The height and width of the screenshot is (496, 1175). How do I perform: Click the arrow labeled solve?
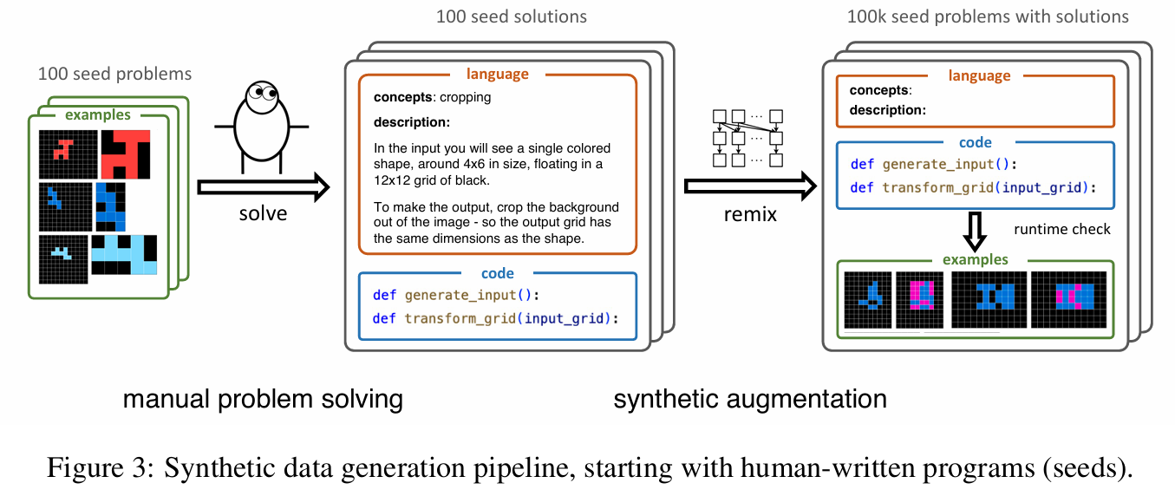click(264, 186)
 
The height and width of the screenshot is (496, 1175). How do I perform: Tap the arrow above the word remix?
click(751, 186)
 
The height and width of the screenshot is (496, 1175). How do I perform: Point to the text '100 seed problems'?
click(114, 74)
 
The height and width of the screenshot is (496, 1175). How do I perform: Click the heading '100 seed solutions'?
click(511, 16)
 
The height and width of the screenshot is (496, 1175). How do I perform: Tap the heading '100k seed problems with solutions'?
click(988, 16)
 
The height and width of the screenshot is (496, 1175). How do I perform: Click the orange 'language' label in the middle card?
click(497, 75)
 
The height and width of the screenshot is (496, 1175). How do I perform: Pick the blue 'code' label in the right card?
click(975, 142)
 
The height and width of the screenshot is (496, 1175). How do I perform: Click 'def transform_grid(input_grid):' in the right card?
click(975, 187)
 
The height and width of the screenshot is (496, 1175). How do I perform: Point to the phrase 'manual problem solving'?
click(263, 399)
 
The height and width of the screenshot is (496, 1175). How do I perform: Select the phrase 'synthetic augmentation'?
click(749, 399)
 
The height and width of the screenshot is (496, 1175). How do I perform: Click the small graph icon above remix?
click(747, 137)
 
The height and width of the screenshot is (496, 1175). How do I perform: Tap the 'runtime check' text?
click(1061, 229)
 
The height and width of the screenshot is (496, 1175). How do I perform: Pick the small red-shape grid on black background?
click(65, 153)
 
